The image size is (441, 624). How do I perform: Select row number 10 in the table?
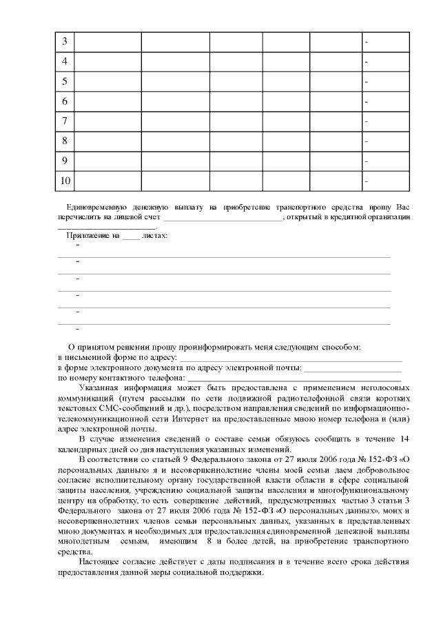65,181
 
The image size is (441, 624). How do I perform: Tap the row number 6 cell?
64,101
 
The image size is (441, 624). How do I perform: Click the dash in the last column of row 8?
367,142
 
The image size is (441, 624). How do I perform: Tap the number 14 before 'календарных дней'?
404,439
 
